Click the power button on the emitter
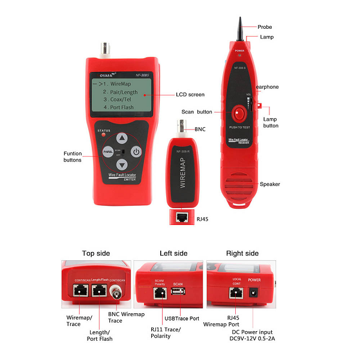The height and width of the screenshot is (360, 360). [136, 152]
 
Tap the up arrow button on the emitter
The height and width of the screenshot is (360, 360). [122, 137]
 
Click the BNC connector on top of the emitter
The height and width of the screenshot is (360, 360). [109, 47]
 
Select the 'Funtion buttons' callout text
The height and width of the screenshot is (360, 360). [73, 157]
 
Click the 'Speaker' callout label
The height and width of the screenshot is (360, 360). [271, 184]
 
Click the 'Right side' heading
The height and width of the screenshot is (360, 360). [244, 253]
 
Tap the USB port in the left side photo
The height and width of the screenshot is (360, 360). [178, 293]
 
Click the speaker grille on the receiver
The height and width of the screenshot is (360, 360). [243, 183]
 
